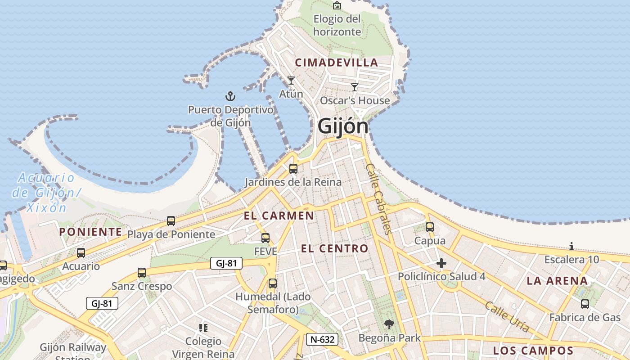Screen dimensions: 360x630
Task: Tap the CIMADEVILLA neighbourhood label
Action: [x=336, y=63]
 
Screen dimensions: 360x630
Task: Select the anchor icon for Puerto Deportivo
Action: [x=230, y=96]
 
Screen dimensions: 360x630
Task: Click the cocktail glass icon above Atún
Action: [x=291, y=81]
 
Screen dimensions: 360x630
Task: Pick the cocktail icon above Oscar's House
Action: [x=355, y=87]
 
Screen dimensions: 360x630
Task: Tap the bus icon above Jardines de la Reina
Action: [x=293, y=169]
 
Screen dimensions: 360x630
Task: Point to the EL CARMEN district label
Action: [x=279, y=216]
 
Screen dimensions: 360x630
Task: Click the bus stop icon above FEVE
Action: [x=265, y=238]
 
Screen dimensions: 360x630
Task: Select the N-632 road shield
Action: [x=322, y=339]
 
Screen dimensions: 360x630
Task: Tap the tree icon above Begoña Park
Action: [x=389, y=324]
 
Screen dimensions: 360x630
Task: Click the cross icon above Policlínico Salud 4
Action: [x=441, y=263]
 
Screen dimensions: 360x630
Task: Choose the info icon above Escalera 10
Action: [x=571, y=246]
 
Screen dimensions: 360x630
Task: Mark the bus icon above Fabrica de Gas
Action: [x=585, y=304]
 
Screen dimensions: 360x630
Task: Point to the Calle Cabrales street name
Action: [x=378, y=198]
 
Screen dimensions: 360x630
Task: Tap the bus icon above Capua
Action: [x=430, y=227]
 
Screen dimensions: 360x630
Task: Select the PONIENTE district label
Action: [x=90, y=232]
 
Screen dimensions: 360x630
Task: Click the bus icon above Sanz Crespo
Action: [x=142, y=273]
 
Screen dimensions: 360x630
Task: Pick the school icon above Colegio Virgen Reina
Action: [x=203, y=328]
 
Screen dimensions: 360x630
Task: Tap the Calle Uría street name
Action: [x=507, y=316]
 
